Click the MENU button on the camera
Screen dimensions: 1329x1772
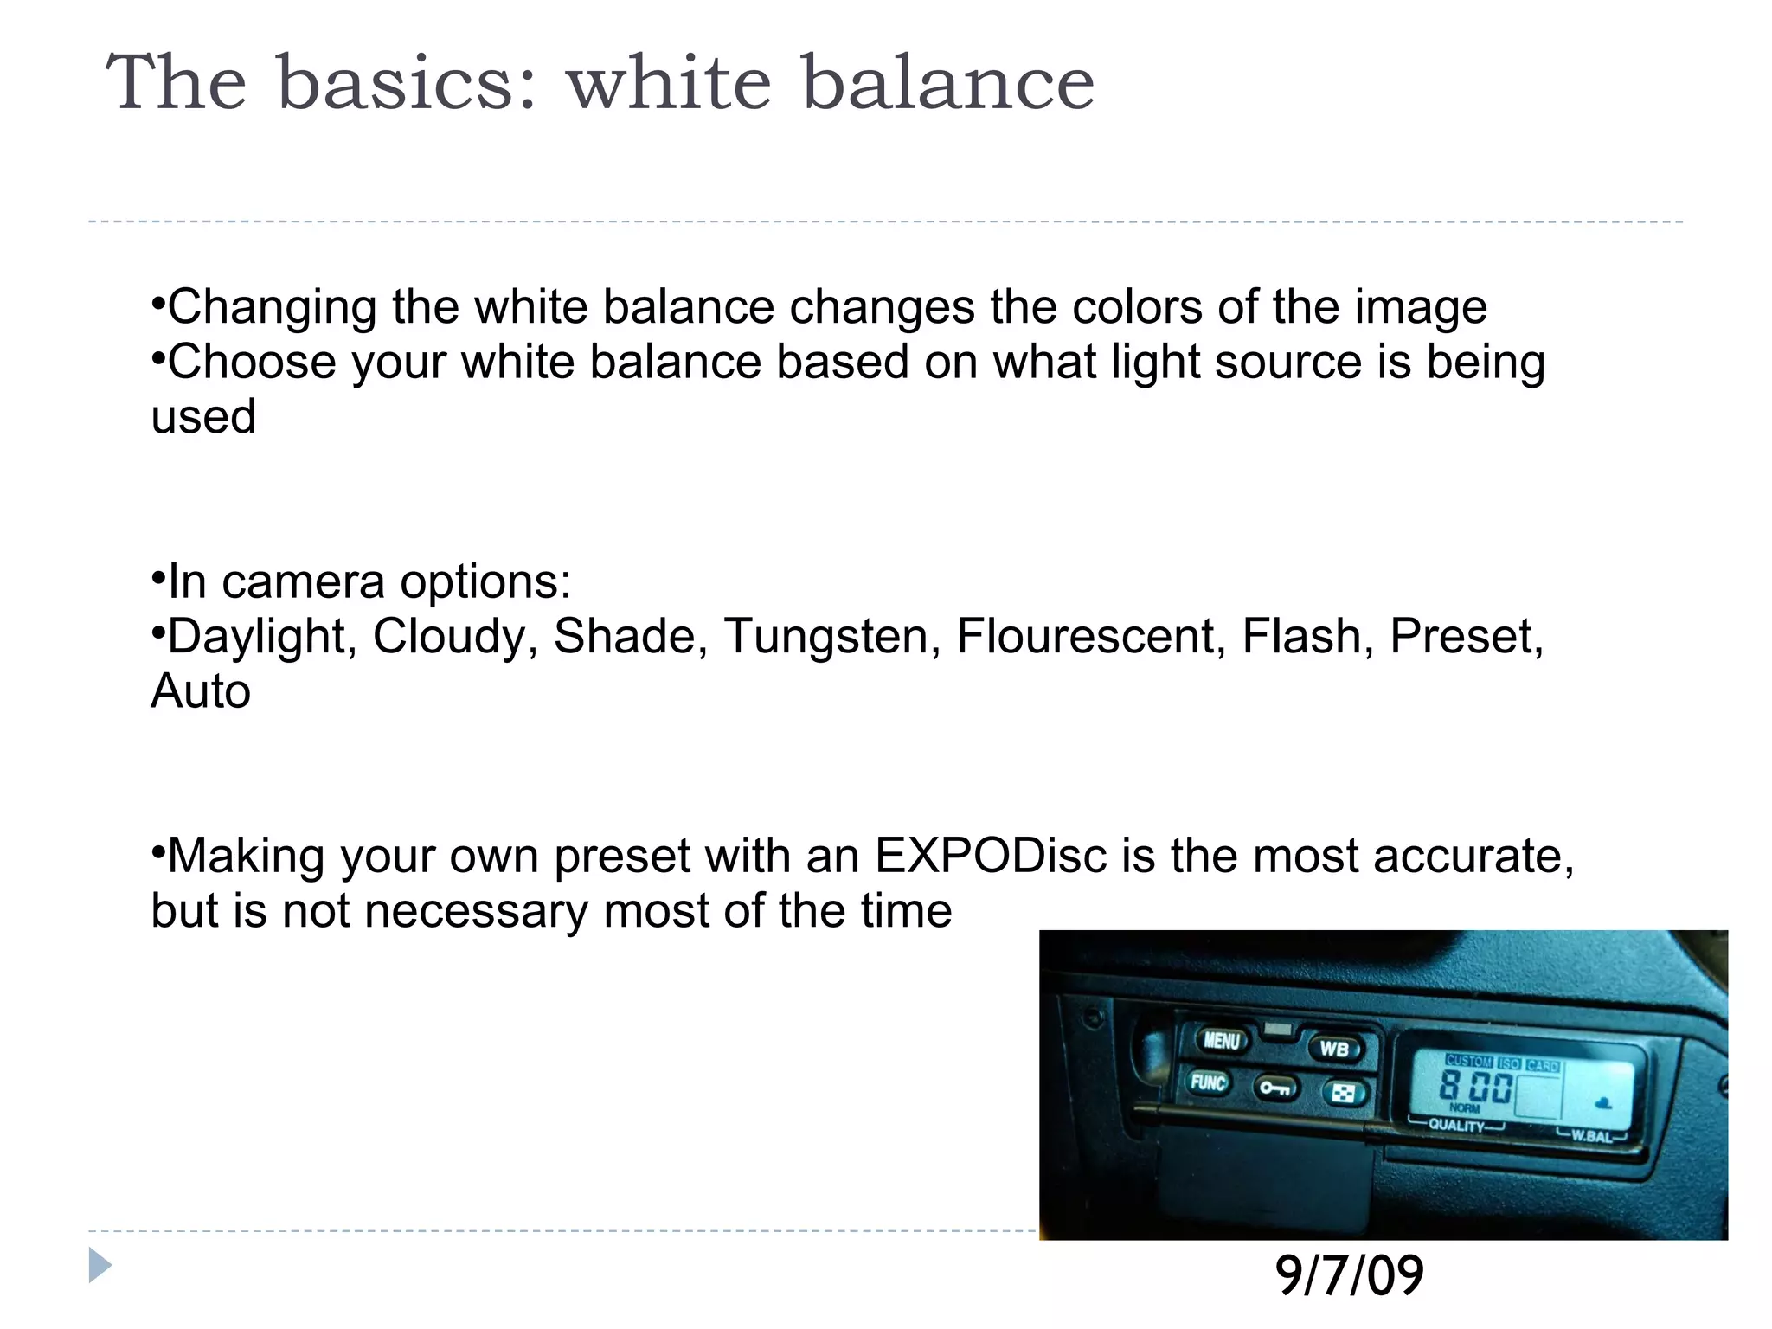tap(1222, 1041)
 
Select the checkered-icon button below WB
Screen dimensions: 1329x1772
tap(1343, 1095)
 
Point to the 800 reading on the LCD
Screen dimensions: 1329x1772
tap(1476, 1087)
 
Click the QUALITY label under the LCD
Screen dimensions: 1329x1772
tap(1456, 1126)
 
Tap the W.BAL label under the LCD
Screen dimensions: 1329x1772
tap(1592, 1136)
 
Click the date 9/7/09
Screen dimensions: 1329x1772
tap(1349, 1276)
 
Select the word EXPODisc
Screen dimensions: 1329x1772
tap(991, 856)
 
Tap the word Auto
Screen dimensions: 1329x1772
tap(201, 691)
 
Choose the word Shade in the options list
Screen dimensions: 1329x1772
tap(625, 637)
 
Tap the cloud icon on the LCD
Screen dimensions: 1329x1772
tap(1603, 1102)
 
